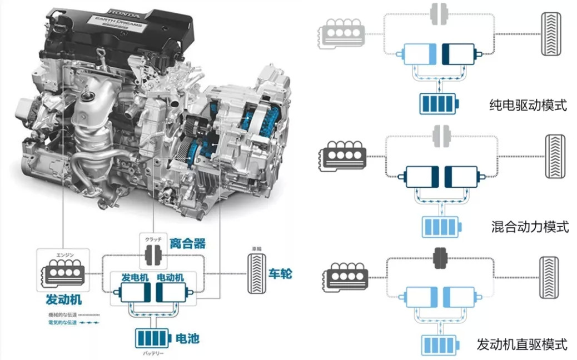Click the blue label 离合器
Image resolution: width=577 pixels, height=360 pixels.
click(188, 243)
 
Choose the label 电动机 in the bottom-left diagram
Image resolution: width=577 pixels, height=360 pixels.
click(171, 277)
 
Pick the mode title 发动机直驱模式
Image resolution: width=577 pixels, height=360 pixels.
click(522, 344)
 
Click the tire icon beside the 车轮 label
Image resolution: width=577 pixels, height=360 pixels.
click(257, 273)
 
